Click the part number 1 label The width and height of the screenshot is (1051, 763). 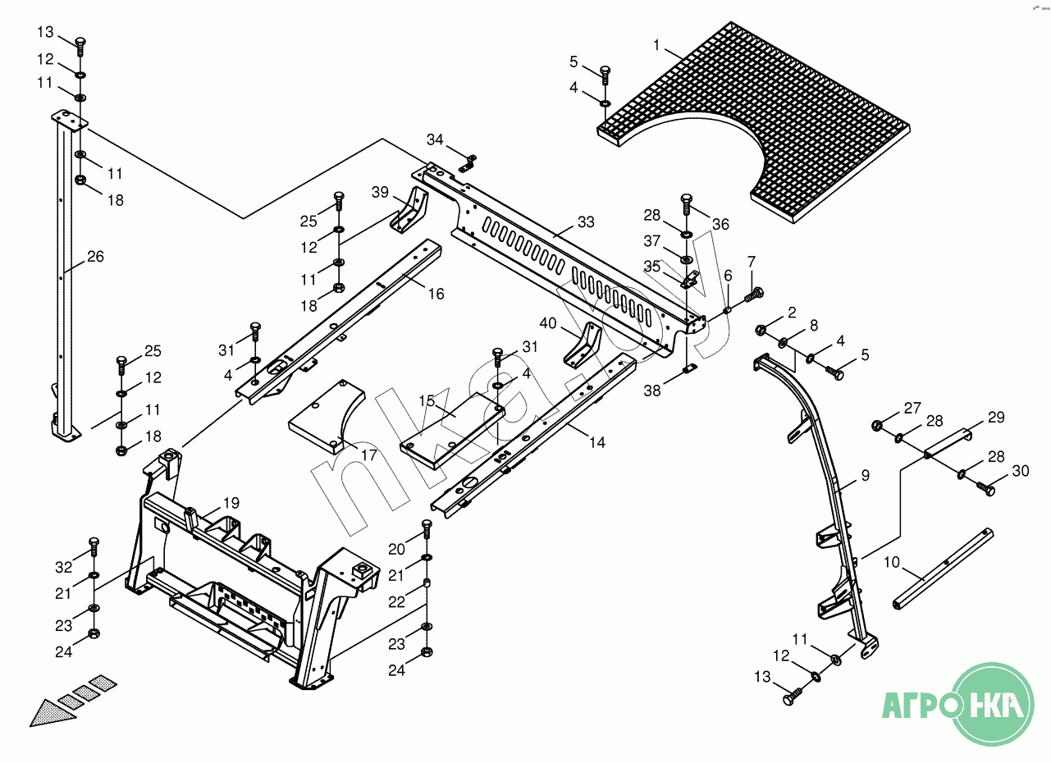click(656, 44)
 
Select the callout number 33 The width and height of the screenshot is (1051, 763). click(586, 222)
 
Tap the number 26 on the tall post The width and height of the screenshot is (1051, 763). click(95, 257)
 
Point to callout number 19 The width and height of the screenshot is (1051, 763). click(231, 503)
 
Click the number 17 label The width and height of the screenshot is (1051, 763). click(369, 454)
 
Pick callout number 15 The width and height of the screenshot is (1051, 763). click(427, 401)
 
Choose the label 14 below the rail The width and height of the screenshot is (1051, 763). click(597, 442)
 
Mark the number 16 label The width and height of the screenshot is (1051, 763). click(435, 293)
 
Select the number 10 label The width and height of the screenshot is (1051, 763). click(893, 564)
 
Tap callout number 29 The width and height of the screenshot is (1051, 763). click(995, 418)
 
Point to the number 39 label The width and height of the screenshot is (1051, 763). click(380, 192)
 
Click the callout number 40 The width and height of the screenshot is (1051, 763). click(548, 324)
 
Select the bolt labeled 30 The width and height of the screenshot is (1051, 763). click(985, 488)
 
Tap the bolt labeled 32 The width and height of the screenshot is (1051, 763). click(94, 544)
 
